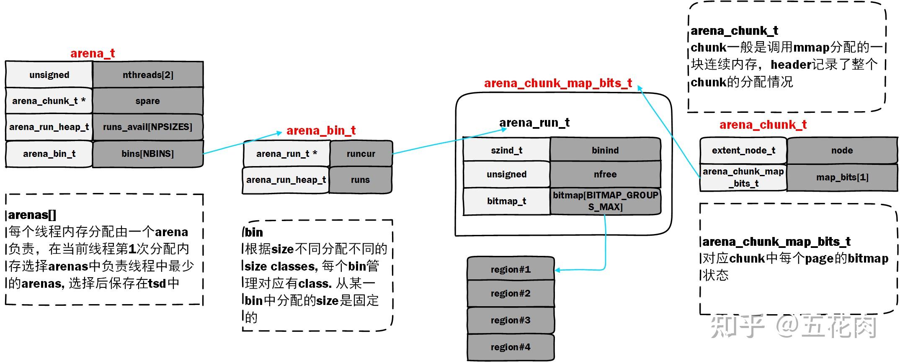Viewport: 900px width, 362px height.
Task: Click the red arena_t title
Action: coord(93,53)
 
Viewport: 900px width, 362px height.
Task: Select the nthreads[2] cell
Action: coord(148,75)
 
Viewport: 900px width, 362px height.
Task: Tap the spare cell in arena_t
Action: coord(148,101)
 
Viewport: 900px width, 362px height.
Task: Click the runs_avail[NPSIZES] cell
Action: coord(148,127)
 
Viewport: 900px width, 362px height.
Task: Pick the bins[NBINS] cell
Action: coord(148,154)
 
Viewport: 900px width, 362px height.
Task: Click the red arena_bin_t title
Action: coord(321,130)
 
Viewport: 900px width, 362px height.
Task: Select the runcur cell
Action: coord(361,154)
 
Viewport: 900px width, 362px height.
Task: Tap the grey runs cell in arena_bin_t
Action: coord(360,180)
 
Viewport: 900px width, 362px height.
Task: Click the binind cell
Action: coord(605,150)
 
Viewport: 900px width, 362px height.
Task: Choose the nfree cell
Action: coord(605,174)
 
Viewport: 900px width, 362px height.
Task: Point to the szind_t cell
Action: coord(506,150)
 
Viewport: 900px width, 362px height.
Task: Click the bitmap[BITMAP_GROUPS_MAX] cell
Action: coord(605,201)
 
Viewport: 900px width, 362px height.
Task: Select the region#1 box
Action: coord(511,269)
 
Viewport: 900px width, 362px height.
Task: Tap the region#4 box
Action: coord(511,347)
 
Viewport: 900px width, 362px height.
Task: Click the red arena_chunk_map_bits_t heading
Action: coord(558,83)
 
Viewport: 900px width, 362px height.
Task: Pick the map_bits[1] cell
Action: coord(842,177)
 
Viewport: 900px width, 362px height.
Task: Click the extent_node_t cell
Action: coord(743,150)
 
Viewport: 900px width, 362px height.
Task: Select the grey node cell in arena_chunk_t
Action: coord(842,150)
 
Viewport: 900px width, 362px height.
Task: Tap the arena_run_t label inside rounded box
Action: coord(534,122)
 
